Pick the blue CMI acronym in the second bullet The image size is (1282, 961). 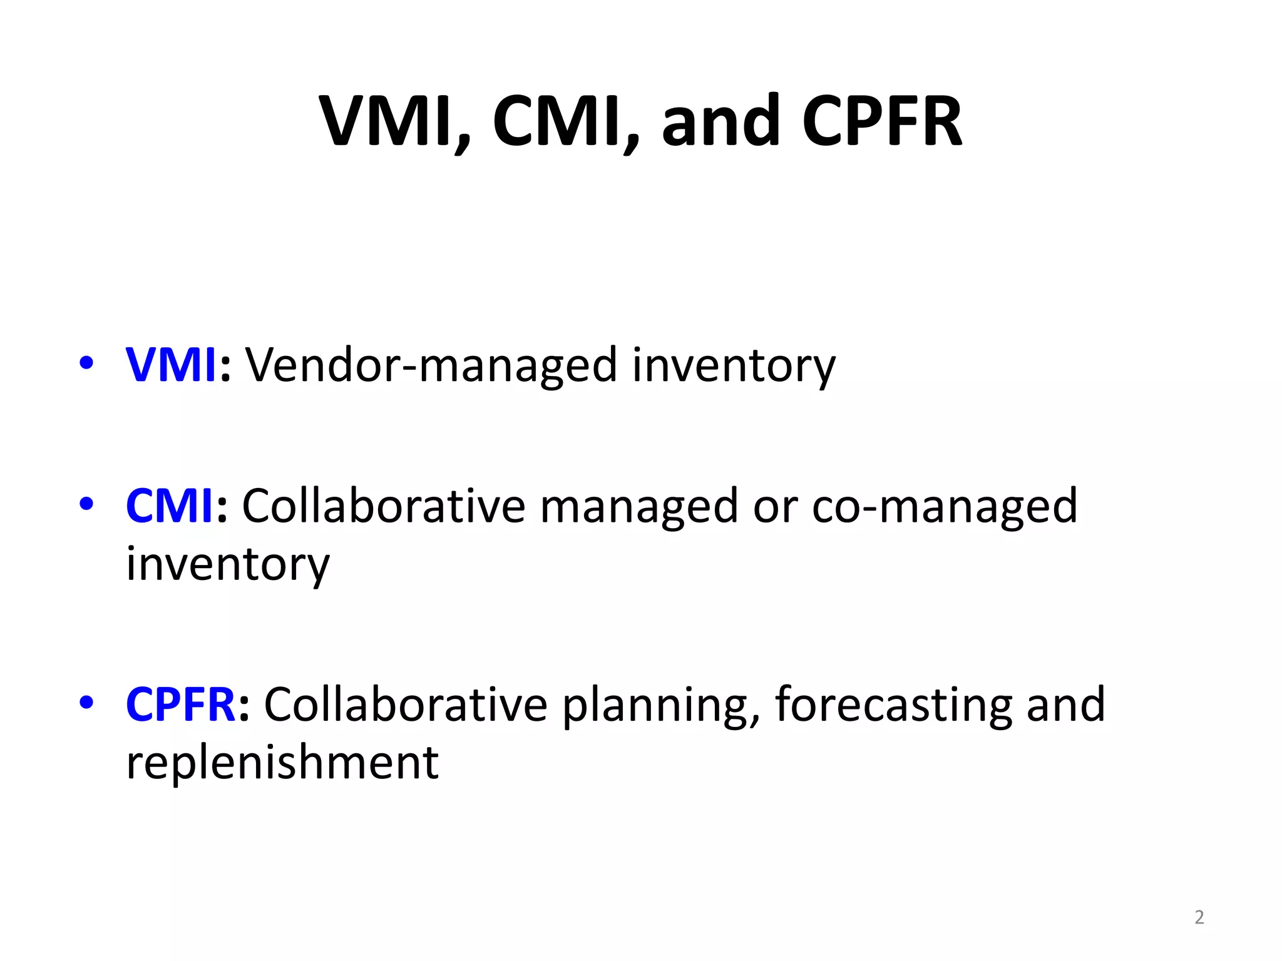click(170, 506)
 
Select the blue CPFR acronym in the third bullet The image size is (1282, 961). click(180, 704)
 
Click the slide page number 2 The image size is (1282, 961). click(1199, 917)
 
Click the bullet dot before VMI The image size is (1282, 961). click(86, 363)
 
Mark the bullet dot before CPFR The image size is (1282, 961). click(86, 702)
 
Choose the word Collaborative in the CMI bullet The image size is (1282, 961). click(383, 506)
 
